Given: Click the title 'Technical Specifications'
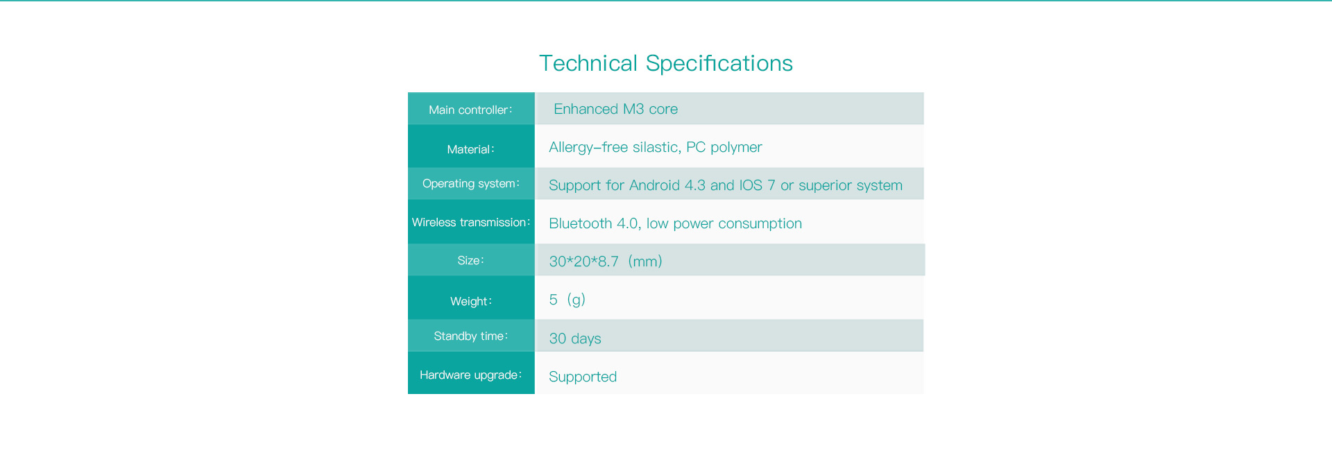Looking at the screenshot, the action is (x=666, y=63).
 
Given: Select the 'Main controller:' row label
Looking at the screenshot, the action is (x=470, y=110).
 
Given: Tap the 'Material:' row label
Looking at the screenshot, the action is (x=470, y=149).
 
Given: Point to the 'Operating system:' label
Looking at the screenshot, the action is (x=470, y=184).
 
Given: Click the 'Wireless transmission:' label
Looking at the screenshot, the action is (x=470, y=223).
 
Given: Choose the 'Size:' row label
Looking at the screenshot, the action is (x=470, y=261).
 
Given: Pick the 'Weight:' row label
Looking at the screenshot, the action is (x=470, y=301).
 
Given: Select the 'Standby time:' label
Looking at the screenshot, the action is (x=470, y=336).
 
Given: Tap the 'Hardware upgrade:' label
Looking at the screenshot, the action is (x=470, y=375).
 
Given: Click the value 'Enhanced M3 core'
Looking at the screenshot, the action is (x=615, y=109).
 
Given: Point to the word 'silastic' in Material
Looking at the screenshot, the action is (x=656, y=147).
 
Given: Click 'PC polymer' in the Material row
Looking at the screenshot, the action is (x=724, y=147).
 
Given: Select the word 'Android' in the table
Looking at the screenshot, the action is (x=654, y=185).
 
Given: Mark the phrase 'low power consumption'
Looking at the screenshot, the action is (x=724, y=223).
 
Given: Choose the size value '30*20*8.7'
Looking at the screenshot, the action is (x=583, y=262).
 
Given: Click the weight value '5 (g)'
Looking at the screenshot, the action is (x=567, y=300).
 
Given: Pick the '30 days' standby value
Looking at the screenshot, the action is (x=575, y=339).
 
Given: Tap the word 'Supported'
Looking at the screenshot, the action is (x=583, y=377).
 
